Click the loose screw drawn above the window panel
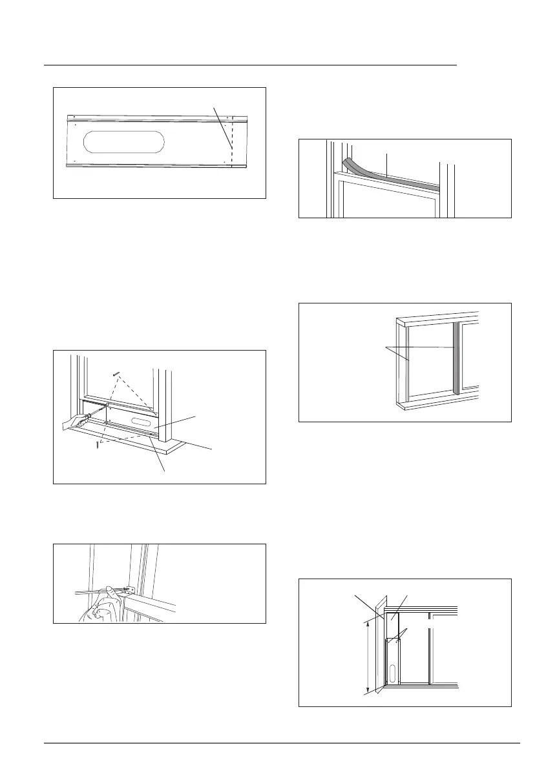tap(116, 373)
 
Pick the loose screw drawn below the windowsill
tap(97, 445)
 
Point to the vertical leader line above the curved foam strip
tap(386, 163)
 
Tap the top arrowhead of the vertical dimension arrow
tap(368, 621)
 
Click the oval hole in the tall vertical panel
tap(391, 672)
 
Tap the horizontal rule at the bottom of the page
tap(282, 743)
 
